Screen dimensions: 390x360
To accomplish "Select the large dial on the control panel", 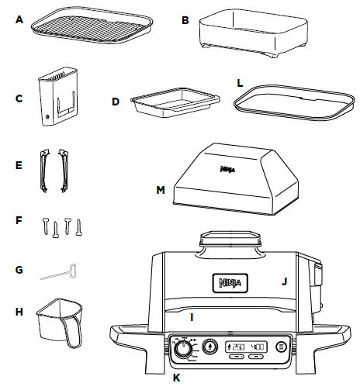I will click(183, 351).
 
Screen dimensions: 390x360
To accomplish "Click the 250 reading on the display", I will click(238, 347).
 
